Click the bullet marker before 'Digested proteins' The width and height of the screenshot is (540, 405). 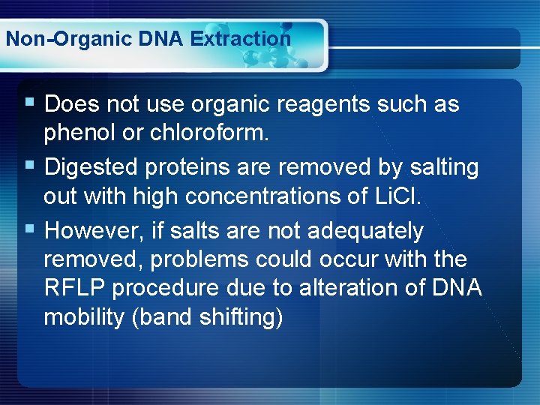pyautogui.click(x=30, y=165)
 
